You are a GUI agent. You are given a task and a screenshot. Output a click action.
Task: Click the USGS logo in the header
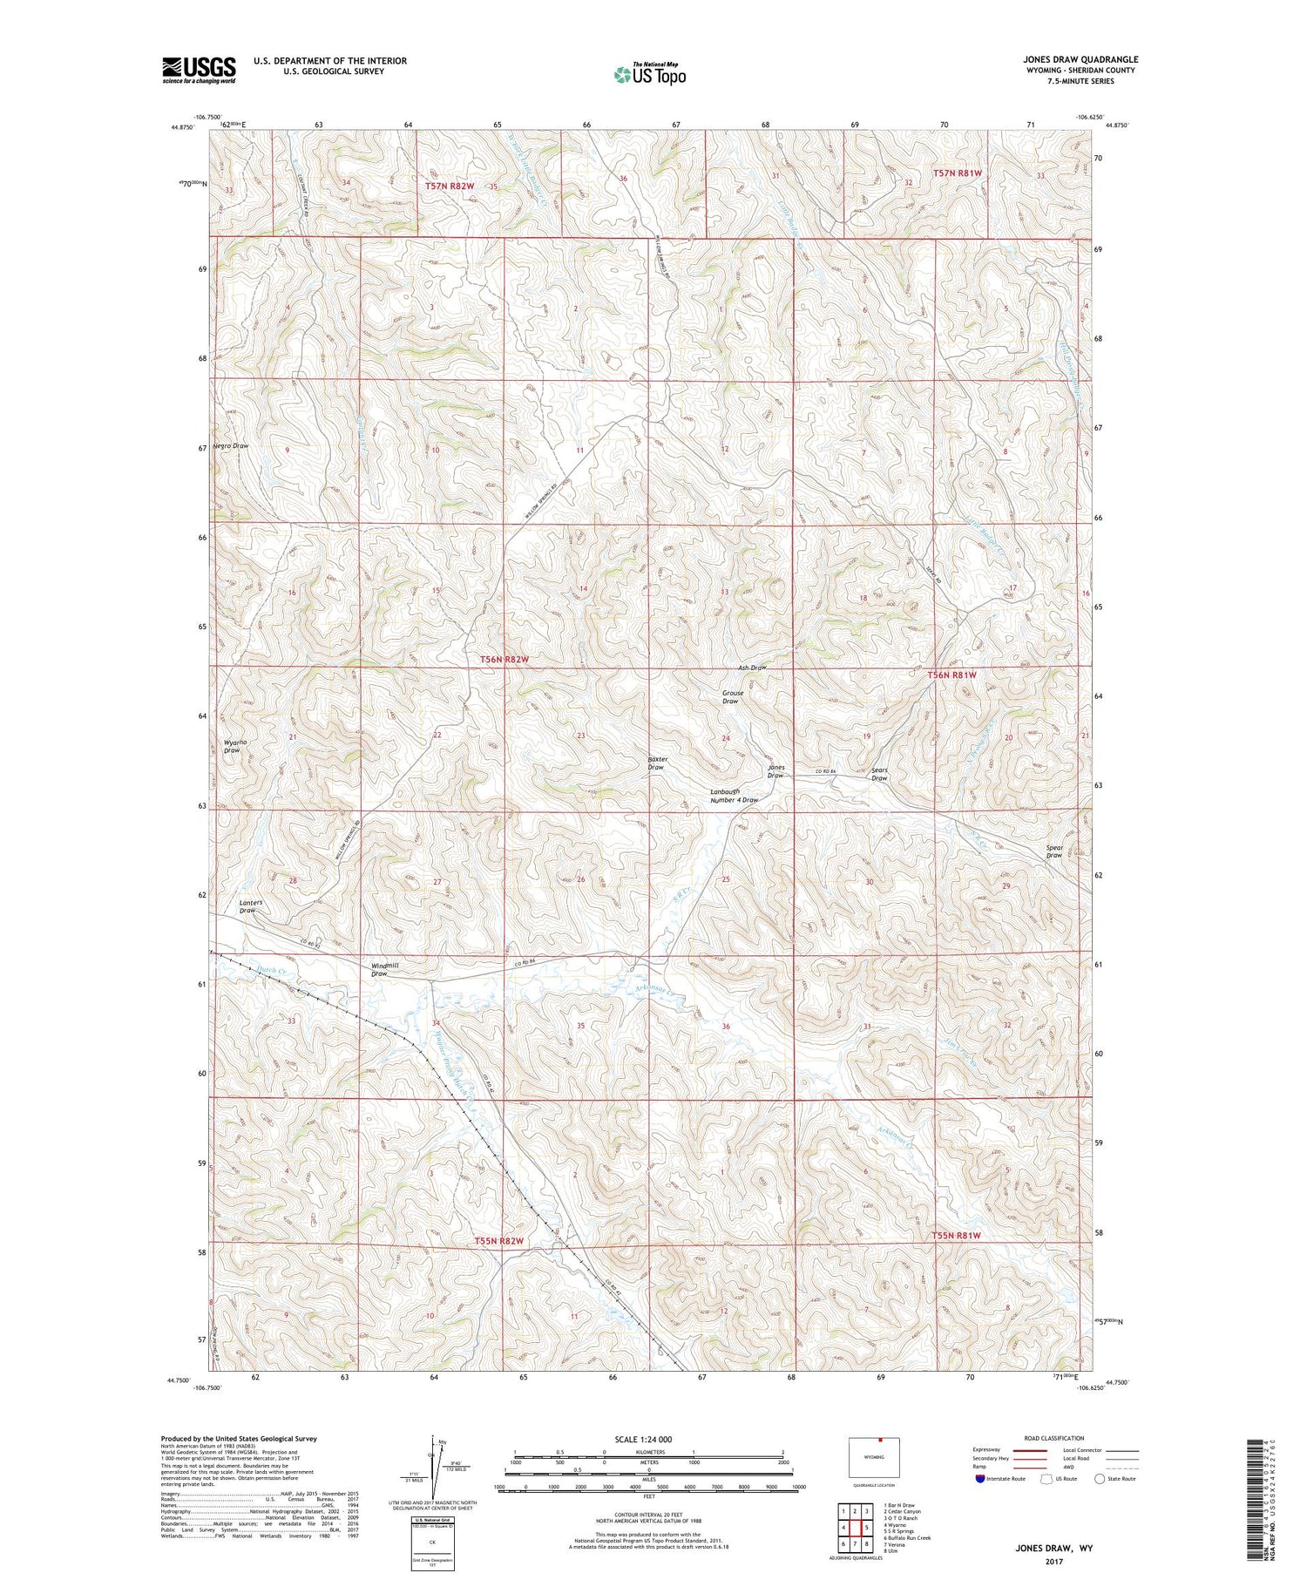[199, 70]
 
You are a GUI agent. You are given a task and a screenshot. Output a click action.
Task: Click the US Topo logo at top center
[649, 75]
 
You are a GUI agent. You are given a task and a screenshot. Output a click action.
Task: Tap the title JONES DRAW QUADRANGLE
[1080, 59]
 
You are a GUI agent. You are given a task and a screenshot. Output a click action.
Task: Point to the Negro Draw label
[230, 445]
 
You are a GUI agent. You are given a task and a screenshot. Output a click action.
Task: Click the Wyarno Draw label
[231, 746]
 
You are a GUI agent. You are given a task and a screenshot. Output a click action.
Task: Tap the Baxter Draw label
[657, 763]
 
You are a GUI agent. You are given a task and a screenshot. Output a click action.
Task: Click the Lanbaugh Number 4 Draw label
[734, 796]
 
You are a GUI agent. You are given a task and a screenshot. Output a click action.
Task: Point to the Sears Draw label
[879, 774]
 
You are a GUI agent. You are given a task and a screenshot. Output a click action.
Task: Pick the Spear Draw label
[1054, 851]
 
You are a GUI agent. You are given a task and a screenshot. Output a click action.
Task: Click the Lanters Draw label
[250, 906]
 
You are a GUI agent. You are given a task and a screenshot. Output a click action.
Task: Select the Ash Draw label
[752, 668]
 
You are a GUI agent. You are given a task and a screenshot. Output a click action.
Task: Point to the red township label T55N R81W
[956, 1236]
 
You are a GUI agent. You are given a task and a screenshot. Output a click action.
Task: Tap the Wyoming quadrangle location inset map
[874, 1458]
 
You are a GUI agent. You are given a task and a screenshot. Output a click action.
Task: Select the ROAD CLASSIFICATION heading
[1054, 1438]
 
